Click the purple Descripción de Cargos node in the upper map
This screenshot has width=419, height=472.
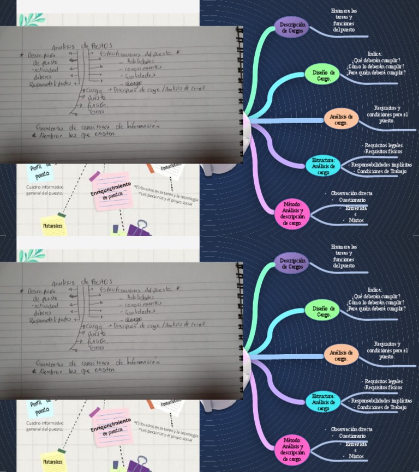[291, 27]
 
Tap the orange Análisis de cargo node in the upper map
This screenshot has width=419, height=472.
[342, 119]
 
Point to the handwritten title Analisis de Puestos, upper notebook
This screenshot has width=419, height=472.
[82, 46]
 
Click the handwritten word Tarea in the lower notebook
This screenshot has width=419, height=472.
[96, 347]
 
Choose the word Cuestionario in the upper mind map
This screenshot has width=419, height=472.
[352, 200]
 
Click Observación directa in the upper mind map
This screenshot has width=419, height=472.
[351, 193]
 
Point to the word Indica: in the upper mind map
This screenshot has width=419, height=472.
[375, 53]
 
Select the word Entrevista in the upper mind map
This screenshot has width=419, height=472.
[356, 208]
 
